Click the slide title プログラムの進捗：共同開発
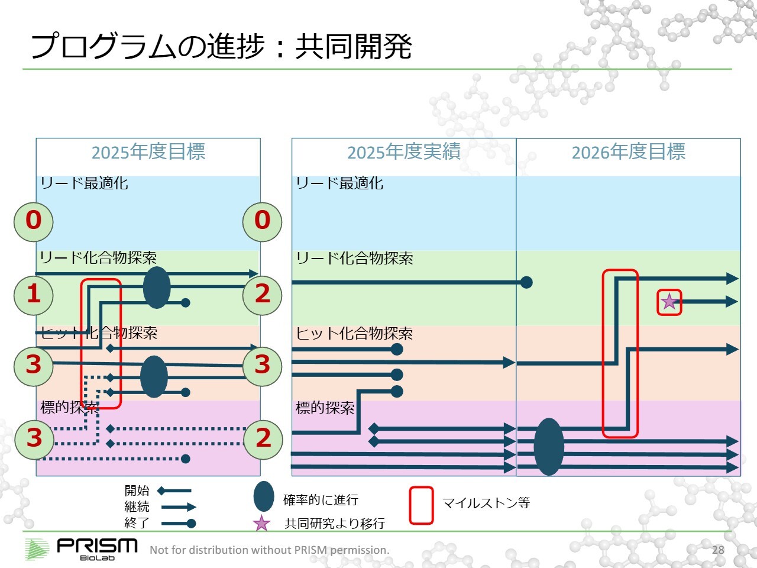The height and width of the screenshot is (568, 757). tap(221, 46)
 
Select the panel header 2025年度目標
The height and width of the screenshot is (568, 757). tap(148, 152)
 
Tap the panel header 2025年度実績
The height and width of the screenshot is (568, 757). tap(404, 152)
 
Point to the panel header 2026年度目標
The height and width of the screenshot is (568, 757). tap(628, 152)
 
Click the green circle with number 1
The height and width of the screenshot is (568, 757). tap(34, 294)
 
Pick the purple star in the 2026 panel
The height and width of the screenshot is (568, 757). tap(669, 302)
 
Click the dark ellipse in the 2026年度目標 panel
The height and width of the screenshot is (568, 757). tap(549, 447)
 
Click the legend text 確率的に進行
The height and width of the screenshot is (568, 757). tap(321, 500)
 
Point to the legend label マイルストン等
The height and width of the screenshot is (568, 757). tap(486, 503)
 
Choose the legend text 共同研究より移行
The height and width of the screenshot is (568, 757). tap(335, 524)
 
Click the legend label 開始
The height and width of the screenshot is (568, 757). tap(137, 490)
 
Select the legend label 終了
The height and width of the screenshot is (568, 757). tap(137, 523)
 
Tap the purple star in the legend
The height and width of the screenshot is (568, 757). tap(261, 524)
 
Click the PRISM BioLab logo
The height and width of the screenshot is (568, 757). tap(82, 548)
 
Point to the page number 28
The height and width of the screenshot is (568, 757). tap(718, 550)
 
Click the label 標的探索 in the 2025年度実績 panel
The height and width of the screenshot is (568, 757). tap(325, 408)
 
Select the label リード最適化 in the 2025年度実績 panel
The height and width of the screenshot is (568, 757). tap(339, 183)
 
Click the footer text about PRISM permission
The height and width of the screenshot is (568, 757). tap(270, 550)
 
